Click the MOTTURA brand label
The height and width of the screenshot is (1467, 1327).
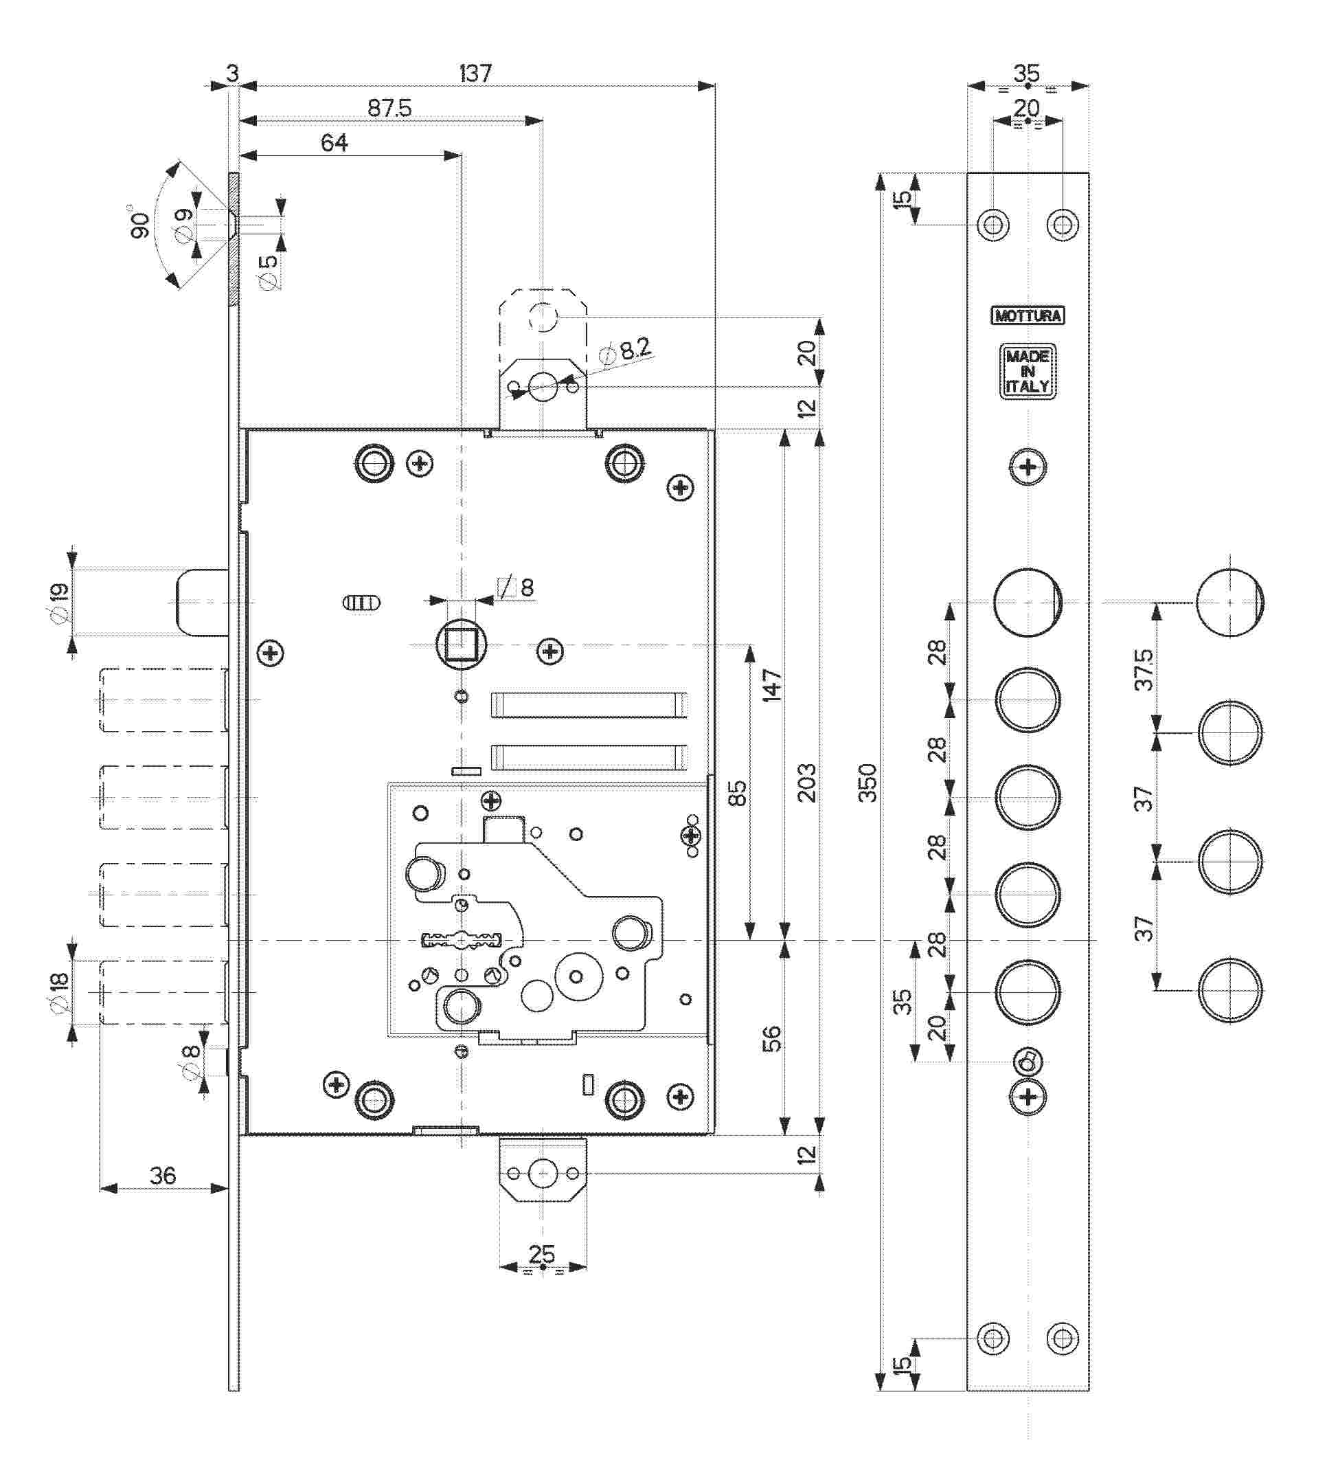coord(1028,316)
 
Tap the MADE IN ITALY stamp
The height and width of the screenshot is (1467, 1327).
coord(1028,371)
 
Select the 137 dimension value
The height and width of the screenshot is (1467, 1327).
coord(475,74)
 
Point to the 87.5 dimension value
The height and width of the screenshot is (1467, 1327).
coord(389,109)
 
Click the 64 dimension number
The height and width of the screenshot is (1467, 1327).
coord(334,143)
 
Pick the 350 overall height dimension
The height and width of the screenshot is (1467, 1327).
coord(867,782)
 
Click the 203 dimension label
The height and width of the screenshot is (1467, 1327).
coord(807,782)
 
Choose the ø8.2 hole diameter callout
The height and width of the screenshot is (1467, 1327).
coord(626,350)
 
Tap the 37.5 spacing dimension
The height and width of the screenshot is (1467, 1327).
coord(1144,669)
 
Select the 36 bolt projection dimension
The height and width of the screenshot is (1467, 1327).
coord(162,1175)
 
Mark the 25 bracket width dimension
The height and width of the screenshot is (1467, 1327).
coord(542,1254)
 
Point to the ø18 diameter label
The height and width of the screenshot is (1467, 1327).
coord(58,992)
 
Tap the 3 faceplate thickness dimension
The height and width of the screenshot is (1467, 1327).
coord(232,74)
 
